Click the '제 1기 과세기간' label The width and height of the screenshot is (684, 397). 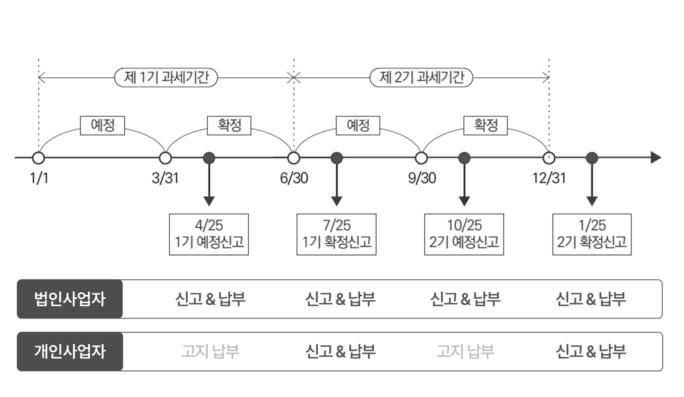click(x=166, y=77)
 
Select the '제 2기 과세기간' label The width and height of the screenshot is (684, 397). click(x=421, y=77)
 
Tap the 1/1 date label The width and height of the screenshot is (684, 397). click(x=39, y=178)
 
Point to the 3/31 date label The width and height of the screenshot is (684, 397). click(x=165, y=178)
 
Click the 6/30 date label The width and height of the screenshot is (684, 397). click(x=294, y=178)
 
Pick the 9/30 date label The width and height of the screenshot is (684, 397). click(x=422, y=178)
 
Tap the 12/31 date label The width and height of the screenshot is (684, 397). click(x=549, y=178)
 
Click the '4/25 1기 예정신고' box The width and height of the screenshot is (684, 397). click(x=209, y=234)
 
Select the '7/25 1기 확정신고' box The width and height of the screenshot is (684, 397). click(x=337, y=234)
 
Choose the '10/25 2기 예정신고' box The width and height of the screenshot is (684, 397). click(x=464, y=234)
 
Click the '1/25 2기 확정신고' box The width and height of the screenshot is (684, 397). click(x=592, y=234)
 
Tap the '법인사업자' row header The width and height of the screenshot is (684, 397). click(x=70, y=299)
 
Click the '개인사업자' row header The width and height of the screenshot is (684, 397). click(x=70, y=352)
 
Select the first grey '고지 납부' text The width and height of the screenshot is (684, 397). click(x=210, y=352)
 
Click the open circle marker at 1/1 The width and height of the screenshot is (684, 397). click(x=39, y=158)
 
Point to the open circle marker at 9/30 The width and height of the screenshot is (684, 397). click(x=421, y=158)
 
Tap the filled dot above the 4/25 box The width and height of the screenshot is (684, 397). click(x=209, y=158)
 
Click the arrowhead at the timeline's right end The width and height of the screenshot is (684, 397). click(x=656, y=158)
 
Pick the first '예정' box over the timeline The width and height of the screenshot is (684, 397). click(x=102, y=125)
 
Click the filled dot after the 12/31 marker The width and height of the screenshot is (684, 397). click(x=592, y=158)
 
